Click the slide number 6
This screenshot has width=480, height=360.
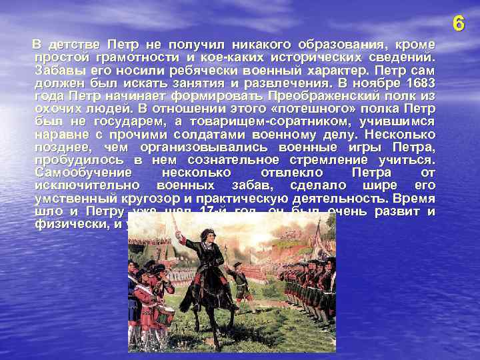tap(457, 24)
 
